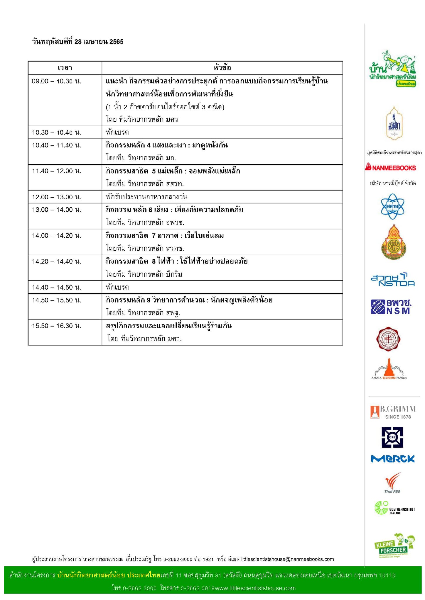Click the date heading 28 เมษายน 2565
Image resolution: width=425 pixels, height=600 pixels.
(x=78, y=42)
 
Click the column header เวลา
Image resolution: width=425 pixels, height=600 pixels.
(x=65, y=68)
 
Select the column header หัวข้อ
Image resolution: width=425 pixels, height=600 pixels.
(x=222, y=68)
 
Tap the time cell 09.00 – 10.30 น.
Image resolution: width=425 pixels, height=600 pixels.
(x=56, y=81)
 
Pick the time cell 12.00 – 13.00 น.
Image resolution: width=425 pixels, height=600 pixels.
(x=56, y=197)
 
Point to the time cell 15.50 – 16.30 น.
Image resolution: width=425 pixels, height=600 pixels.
(x=56, y=326)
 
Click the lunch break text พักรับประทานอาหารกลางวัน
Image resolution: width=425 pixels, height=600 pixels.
(x=146, y=197)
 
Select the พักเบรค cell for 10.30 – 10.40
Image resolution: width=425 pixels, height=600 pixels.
(x=117, y=132)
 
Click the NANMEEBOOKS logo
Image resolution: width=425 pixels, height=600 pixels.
(x=390, y=167)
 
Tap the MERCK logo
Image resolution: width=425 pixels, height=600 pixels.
(x=393, y=459)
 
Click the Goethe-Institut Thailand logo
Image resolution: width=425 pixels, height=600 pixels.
(x=394, y=508)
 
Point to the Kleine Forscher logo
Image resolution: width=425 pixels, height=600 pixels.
(x=395, y=546)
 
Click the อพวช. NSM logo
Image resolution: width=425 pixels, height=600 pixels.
(x=391, y=307)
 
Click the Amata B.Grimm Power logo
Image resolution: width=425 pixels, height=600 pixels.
(x=389, y=369)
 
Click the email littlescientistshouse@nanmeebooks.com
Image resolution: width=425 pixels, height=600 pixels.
(x=287, y=559)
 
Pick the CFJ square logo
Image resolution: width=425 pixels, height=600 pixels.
(x=392, y=437)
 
